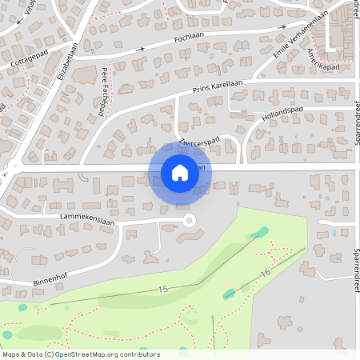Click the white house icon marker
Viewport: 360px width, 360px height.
180,172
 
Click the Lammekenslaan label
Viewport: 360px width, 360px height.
88,216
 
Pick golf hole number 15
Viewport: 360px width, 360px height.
164,289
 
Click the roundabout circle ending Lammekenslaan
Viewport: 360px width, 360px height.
190,221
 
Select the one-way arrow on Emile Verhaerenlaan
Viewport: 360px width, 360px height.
282,27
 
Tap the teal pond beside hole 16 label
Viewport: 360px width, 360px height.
230,294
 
